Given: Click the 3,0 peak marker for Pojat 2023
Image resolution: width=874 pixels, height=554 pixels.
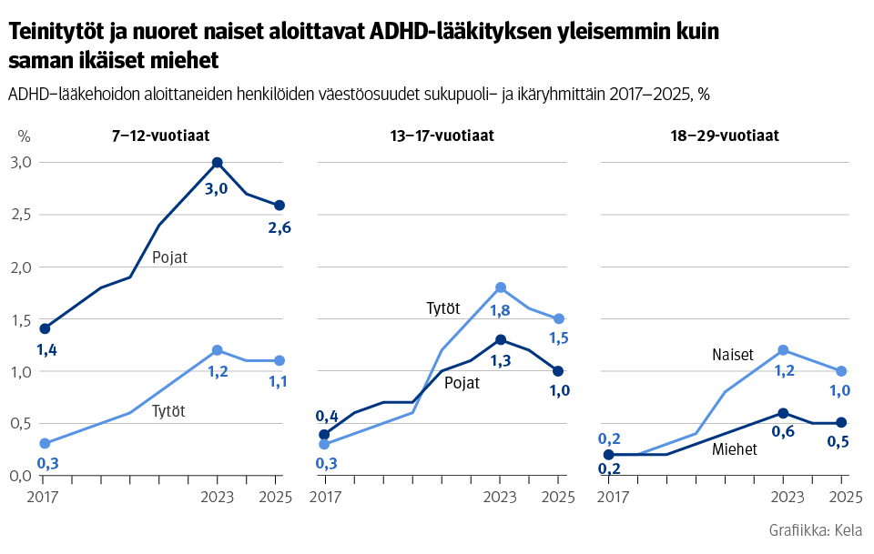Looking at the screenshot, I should pos(217,163).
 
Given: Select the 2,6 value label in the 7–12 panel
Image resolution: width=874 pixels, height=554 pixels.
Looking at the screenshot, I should pos(279,227).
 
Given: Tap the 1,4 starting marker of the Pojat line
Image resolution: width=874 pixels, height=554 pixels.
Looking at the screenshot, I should pos(45,328).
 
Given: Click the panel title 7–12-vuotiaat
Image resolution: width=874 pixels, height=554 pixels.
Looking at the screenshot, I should pos(160,136).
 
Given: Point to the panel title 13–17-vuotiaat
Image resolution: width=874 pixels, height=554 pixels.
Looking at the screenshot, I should pos(442,136).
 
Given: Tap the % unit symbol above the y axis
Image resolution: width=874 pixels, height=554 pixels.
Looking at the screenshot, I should pos(24,136).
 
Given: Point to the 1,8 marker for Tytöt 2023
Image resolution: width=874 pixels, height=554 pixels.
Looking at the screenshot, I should pos(500,287).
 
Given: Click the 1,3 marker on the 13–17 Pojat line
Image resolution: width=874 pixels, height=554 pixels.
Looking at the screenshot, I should pos(500,339).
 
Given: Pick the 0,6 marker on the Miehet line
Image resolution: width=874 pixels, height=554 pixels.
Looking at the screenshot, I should pos(783,413).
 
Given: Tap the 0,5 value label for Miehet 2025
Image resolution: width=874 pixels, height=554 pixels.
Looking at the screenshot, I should pos(840,443).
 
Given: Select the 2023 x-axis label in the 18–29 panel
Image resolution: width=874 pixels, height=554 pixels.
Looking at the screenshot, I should pos(783,497).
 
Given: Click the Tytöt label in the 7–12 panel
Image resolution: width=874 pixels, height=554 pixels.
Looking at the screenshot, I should pos(168,411).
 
